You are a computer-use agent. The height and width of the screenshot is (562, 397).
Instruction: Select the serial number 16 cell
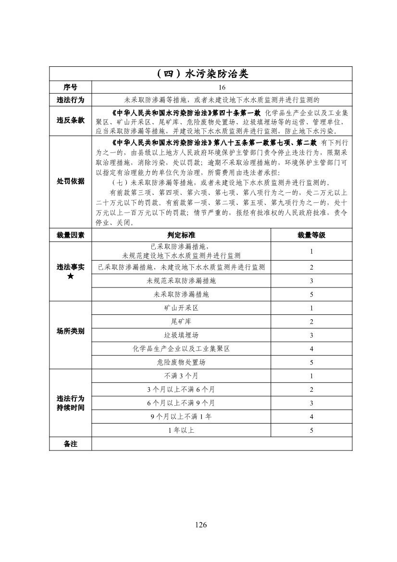coord(222,87)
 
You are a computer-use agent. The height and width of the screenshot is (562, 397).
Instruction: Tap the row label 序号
coord(70,87)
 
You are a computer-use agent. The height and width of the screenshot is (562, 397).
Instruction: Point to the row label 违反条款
coord(70,120)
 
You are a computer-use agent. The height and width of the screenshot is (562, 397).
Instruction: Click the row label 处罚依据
coord(70,181)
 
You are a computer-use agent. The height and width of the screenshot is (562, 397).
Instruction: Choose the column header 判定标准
coord(181,235)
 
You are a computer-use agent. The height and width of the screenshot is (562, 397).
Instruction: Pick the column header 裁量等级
coord(311,235)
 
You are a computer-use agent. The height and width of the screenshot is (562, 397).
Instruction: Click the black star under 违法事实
coord(70,276)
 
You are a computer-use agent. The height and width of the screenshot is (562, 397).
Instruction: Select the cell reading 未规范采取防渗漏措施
coord(181,281)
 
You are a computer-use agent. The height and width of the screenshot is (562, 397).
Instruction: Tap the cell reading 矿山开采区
coord(181,308)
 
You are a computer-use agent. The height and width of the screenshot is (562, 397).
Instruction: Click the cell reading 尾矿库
coord(181,322)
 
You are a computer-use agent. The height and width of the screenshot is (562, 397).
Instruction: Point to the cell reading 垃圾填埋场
coord(181,335)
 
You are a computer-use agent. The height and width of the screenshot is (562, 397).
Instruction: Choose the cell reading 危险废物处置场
coord(181,362)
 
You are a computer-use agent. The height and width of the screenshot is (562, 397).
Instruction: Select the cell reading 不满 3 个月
coord(181,376)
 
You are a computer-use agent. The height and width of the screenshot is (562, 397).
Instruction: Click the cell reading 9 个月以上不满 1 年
coord(181,416)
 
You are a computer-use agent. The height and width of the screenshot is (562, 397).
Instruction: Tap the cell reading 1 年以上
coord(181,430)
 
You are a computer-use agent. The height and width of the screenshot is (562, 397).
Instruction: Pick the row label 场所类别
coord(70,331)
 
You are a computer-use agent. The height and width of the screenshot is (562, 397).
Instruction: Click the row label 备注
coord(70,444)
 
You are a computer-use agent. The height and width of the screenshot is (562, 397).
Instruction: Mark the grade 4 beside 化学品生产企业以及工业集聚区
coord(311,349)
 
